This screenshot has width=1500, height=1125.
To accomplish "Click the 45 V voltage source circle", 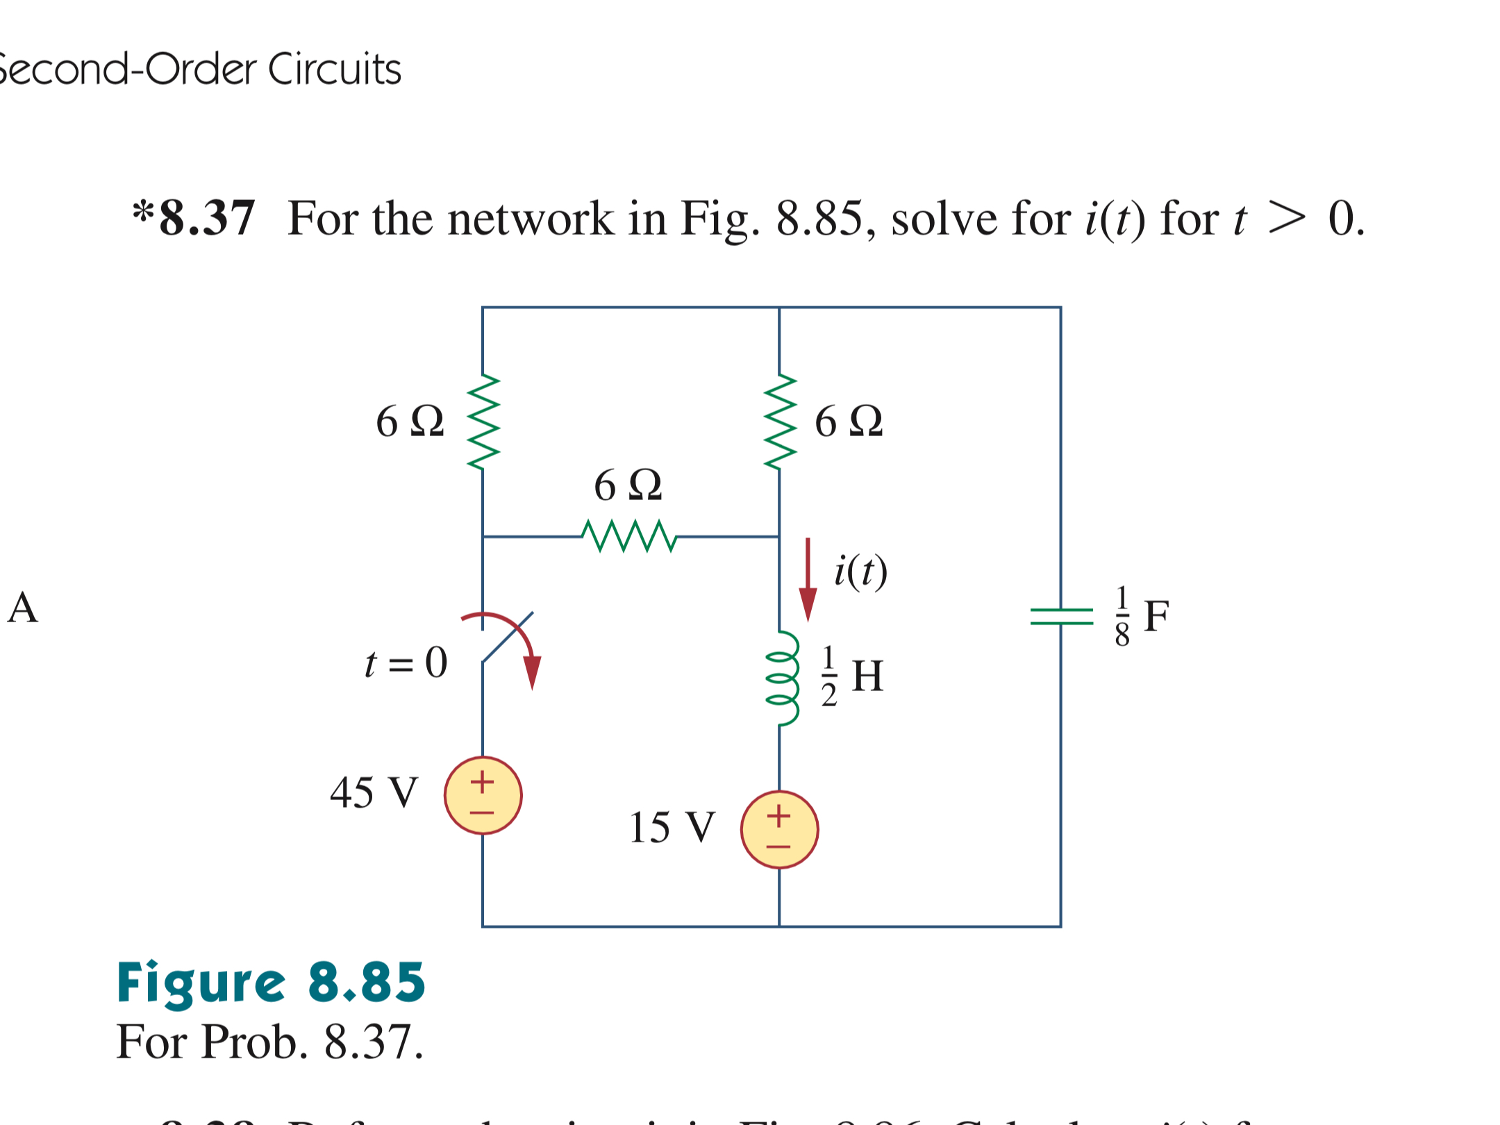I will tap(483, 795).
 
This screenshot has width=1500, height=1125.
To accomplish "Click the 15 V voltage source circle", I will tap(779, 829).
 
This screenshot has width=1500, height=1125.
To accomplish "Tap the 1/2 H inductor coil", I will tap(781, 678).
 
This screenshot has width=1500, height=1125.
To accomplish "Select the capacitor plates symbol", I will tap(1060, 616).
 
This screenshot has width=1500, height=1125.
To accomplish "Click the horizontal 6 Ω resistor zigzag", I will tap(628, 536).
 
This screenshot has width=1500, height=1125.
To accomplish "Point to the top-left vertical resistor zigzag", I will tap(483, 422).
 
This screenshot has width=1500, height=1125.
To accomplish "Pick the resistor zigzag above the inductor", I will tap(779, 422).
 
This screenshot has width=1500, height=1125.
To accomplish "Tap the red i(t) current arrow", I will tap(807, 580).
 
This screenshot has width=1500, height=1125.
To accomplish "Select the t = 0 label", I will tap(406, 662).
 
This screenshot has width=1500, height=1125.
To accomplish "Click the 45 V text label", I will tap(374, 792).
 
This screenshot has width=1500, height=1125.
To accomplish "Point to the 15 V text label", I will tap(672, 827).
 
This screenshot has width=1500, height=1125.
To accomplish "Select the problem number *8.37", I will tap(194, 219).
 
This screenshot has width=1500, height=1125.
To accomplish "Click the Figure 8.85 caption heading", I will tap(270, 982).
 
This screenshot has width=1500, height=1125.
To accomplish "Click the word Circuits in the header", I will tap(335, 69).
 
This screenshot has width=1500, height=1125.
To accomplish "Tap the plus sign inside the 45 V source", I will tap(482, 782).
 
